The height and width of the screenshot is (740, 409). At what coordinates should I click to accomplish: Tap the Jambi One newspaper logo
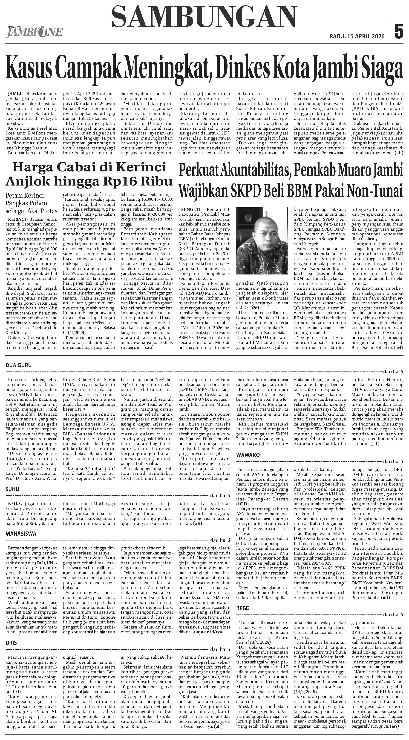pos(34,32)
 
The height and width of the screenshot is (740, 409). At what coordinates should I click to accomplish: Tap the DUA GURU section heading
pos(19,365)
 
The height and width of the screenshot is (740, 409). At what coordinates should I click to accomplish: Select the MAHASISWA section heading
pos(21,534)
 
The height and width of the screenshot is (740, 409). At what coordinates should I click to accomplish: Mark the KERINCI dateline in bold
pos(15,219)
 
